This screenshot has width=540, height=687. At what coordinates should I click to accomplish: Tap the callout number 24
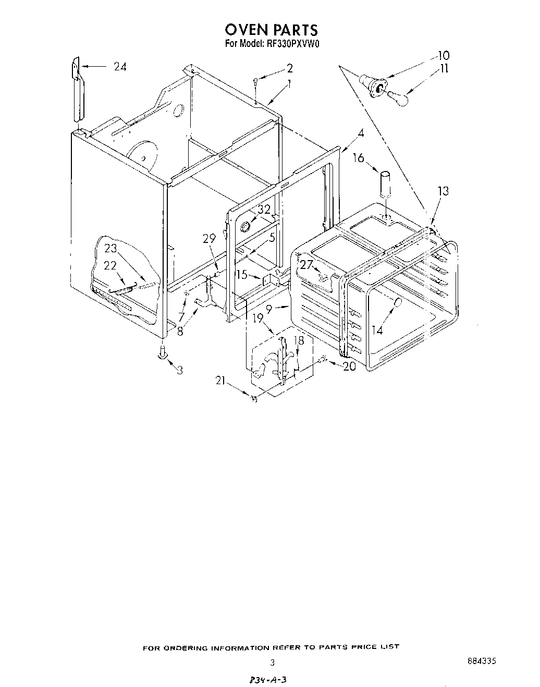[x=120, y=66]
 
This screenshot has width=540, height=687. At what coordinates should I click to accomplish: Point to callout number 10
[x=443, y=55]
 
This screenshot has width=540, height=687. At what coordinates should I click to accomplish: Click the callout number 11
[x=444, y=68]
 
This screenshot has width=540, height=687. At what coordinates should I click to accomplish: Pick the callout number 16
[x=359, y=157]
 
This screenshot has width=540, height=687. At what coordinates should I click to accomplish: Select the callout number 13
[x=443, y=191]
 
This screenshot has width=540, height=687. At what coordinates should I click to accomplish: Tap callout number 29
[x=209, y=238]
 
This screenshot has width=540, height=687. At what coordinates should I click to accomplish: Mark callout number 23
[x=111, y=249]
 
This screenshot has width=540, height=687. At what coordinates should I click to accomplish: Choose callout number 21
[x=220, y=382]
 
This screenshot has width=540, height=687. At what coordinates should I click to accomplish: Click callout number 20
[x=349, y=366]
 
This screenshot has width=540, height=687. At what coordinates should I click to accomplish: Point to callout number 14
[x=377, y=330]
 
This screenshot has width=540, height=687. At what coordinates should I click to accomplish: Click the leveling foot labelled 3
[x=163, y=353]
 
